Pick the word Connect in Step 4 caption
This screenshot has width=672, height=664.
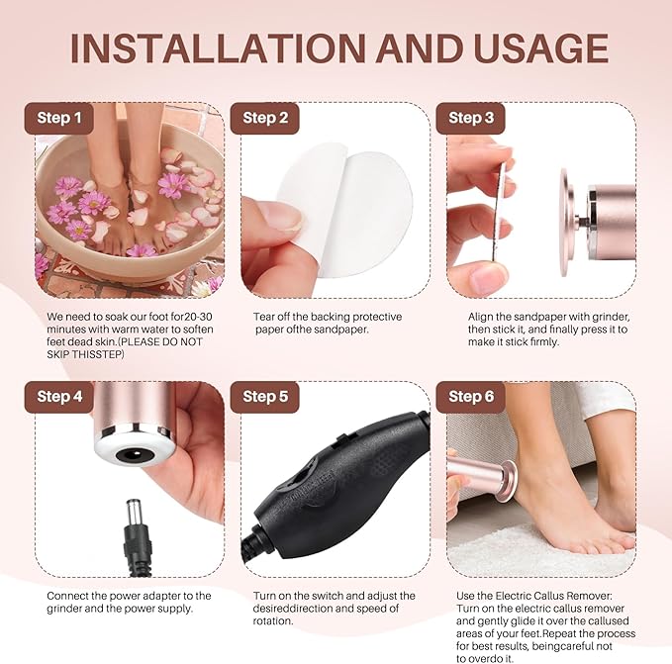[71, 596]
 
